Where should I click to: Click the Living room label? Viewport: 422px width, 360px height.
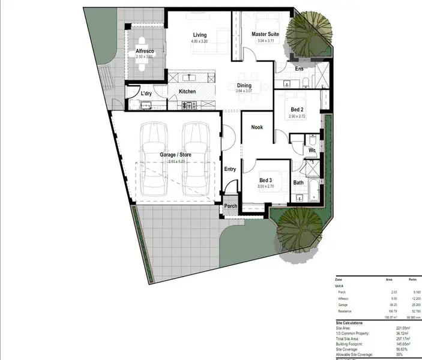coord(199,35)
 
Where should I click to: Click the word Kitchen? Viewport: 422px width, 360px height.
coord(187,91)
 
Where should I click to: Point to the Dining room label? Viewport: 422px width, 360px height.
coord(244,86)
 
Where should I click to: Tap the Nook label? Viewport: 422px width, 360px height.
coord(257,127)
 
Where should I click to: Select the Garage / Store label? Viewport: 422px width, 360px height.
coord(175,155)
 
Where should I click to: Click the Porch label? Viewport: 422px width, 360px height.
coord(231,206)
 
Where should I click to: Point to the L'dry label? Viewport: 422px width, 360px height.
coord(146,94)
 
